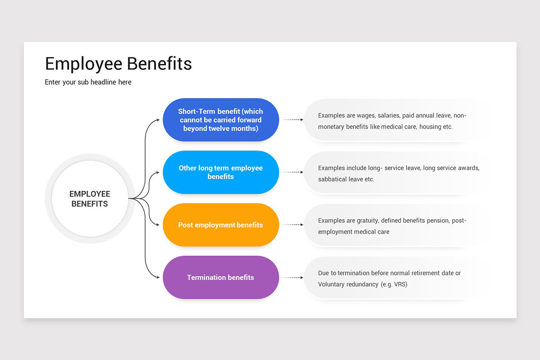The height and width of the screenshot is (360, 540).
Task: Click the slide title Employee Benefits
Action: pyautogui.click(x=118, y=63)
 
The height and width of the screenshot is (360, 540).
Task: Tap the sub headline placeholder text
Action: pyautogui.click(x=88, y=82)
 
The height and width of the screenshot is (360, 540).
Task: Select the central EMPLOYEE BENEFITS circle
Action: pyautogui.click(x=90, y=198)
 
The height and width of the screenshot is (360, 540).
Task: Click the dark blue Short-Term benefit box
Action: pyautogui.click(x=220, y=120)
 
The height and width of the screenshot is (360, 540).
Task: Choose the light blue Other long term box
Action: pyautogui.click(x=220, y=172)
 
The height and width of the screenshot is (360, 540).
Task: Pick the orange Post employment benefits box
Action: pyautogui.click(x=220, y=225)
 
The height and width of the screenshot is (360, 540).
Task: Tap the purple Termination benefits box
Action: pyautogui.click(x=220, y=278)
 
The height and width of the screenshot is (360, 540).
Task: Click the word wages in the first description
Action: pyautogui.click(x=365, y=116)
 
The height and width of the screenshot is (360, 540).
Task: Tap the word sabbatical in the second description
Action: pyautogui.click(x=333, y=179)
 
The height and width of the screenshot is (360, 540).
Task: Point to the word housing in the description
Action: pyautogui.click(x=430, y=127)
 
